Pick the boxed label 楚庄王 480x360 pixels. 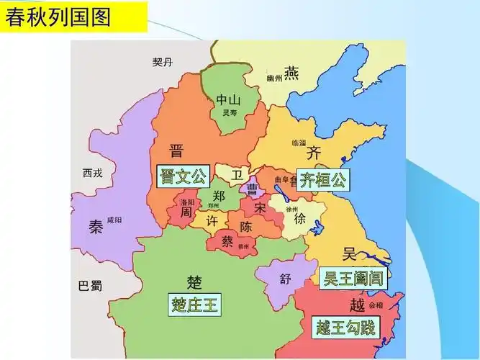(x=195, y=305)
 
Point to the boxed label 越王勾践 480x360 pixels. (x=346, y=328)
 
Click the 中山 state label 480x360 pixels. (x=229, y=100)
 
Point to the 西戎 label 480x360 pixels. (x=93, y=173)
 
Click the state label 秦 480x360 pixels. (x=96, y=227)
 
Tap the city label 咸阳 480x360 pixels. (x=114, y=220)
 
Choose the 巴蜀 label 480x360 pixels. (x=90, y=286)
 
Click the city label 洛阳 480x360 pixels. (x=187, y=203)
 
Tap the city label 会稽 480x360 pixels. (x=376, y=305)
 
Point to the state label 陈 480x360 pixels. (x=246, y=226)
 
